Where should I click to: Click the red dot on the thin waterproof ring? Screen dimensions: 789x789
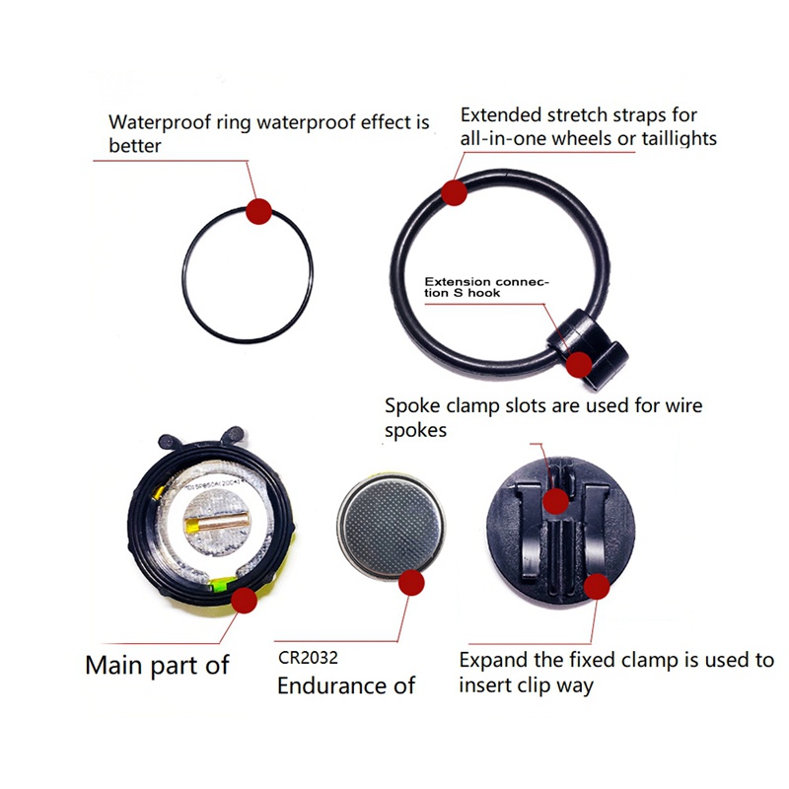tap(258, 211)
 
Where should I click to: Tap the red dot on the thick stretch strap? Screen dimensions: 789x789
tap(454, 192)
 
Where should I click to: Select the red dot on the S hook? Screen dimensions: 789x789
tap(579, 364)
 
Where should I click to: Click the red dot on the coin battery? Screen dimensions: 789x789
tap(411, 583)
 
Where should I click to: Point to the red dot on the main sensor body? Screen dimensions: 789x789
tap(244, 600)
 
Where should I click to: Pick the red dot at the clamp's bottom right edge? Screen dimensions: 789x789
tap(597, 586)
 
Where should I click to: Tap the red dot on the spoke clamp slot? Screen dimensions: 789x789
tap(555, 501)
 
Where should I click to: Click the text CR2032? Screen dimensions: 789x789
tap(308, 658)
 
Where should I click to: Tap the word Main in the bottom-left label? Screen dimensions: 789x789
tap(113, 665)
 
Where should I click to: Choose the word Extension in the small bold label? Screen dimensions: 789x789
tap(458, 282)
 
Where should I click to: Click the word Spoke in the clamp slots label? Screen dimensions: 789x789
tap(412, 406)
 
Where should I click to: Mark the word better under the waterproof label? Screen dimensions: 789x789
tap(135, 146)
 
